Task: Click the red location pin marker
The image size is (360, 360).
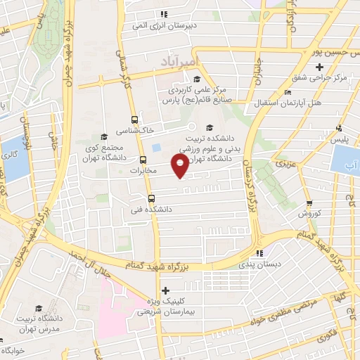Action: (181, 166)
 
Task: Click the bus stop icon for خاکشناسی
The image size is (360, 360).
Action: (134, 120)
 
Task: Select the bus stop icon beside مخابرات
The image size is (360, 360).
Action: (143, 159)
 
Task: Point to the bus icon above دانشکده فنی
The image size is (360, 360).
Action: (150, 198)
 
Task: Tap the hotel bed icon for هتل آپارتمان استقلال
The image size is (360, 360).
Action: (288, 93)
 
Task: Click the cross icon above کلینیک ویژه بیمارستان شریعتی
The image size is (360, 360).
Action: (166, 290)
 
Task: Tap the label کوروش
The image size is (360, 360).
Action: (309, 212)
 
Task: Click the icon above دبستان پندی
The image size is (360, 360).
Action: (259, 253)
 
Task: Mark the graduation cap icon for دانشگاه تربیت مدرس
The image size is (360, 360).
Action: (38, 308)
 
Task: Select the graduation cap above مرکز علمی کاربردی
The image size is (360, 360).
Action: (198, 79)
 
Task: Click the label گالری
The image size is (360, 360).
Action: (9, 155)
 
